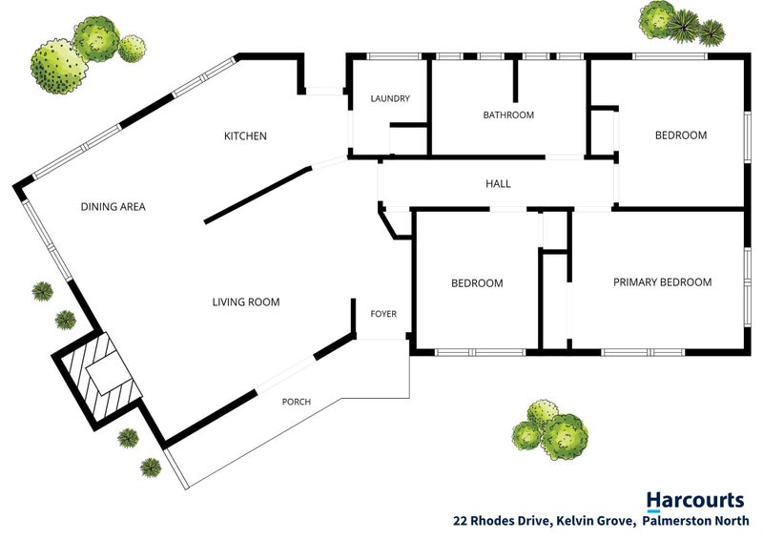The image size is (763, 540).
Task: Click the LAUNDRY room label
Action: [390, 98]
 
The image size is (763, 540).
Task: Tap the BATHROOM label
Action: [508, 114]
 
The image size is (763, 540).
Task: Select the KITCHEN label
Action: [245, 135]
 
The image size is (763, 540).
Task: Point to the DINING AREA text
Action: [113, 207]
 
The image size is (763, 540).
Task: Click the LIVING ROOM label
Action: [246, 301]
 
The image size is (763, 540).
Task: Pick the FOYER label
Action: [383, 314]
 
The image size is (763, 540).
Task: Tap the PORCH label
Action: [297, 402]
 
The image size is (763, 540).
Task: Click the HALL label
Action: [498, 183]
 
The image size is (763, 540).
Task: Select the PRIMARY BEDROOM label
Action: [662, 282]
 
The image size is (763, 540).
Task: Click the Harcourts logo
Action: [695, 501]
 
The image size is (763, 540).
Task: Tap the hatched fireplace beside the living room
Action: [98, 379]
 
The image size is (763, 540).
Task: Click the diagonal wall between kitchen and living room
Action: [258, 195]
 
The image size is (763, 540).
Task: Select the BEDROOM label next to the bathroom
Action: [681, 135]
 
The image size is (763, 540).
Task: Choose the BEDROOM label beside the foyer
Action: [477, 283]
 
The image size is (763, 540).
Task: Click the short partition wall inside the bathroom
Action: [515, 81]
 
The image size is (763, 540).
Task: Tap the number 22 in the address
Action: [461, 521]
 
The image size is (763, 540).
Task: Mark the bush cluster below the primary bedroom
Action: [550, 429]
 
